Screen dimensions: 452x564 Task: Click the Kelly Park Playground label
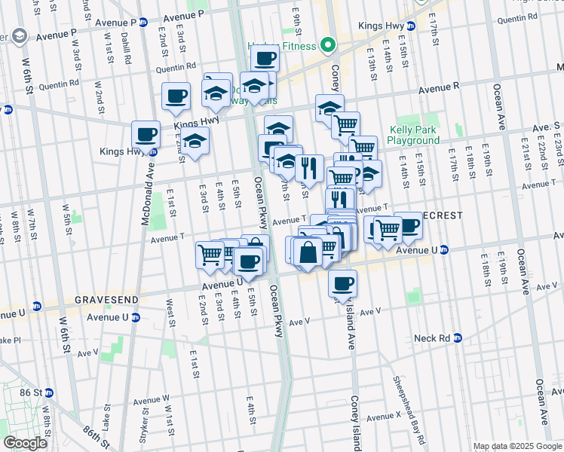(x=413, y=135)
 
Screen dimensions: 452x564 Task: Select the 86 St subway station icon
(x=50, y=392)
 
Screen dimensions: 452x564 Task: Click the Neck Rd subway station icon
(x=456, y=339)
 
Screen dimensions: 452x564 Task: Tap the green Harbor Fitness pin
(x=327, y=45)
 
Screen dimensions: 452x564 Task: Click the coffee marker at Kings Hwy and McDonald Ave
(x=146, y=136)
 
